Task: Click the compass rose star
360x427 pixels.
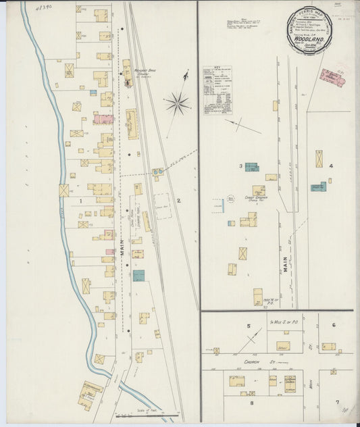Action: (176, 103)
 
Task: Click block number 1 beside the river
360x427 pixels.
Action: (80, 201)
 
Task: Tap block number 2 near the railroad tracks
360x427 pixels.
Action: (179, 201)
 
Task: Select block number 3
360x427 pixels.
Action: (240, 166)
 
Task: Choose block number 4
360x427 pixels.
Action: (331, 166)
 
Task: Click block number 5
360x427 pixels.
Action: (249, 327)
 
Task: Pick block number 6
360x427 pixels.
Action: (334, 325)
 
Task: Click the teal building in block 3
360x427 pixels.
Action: (251, 166)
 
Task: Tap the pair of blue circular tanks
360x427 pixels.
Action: (157, 172)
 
